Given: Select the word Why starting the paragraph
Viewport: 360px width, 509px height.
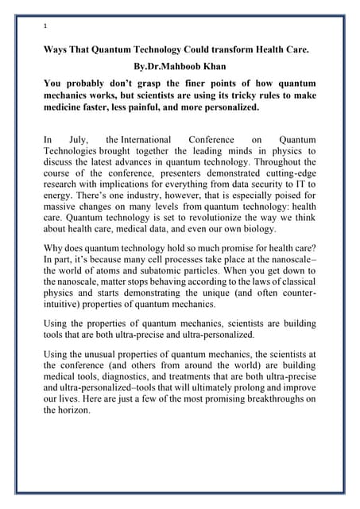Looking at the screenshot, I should [x=55, y=251].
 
